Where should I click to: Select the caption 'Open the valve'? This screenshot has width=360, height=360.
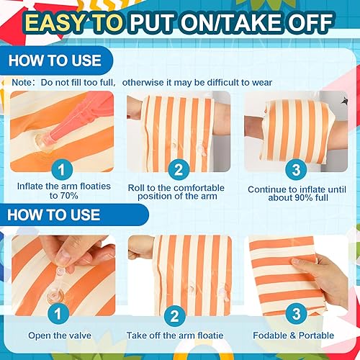[60, 336]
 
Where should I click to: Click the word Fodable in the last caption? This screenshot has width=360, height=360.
[269, 336]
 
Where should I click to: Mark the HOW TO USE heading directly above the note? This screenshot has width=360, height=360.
[56, 60]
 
